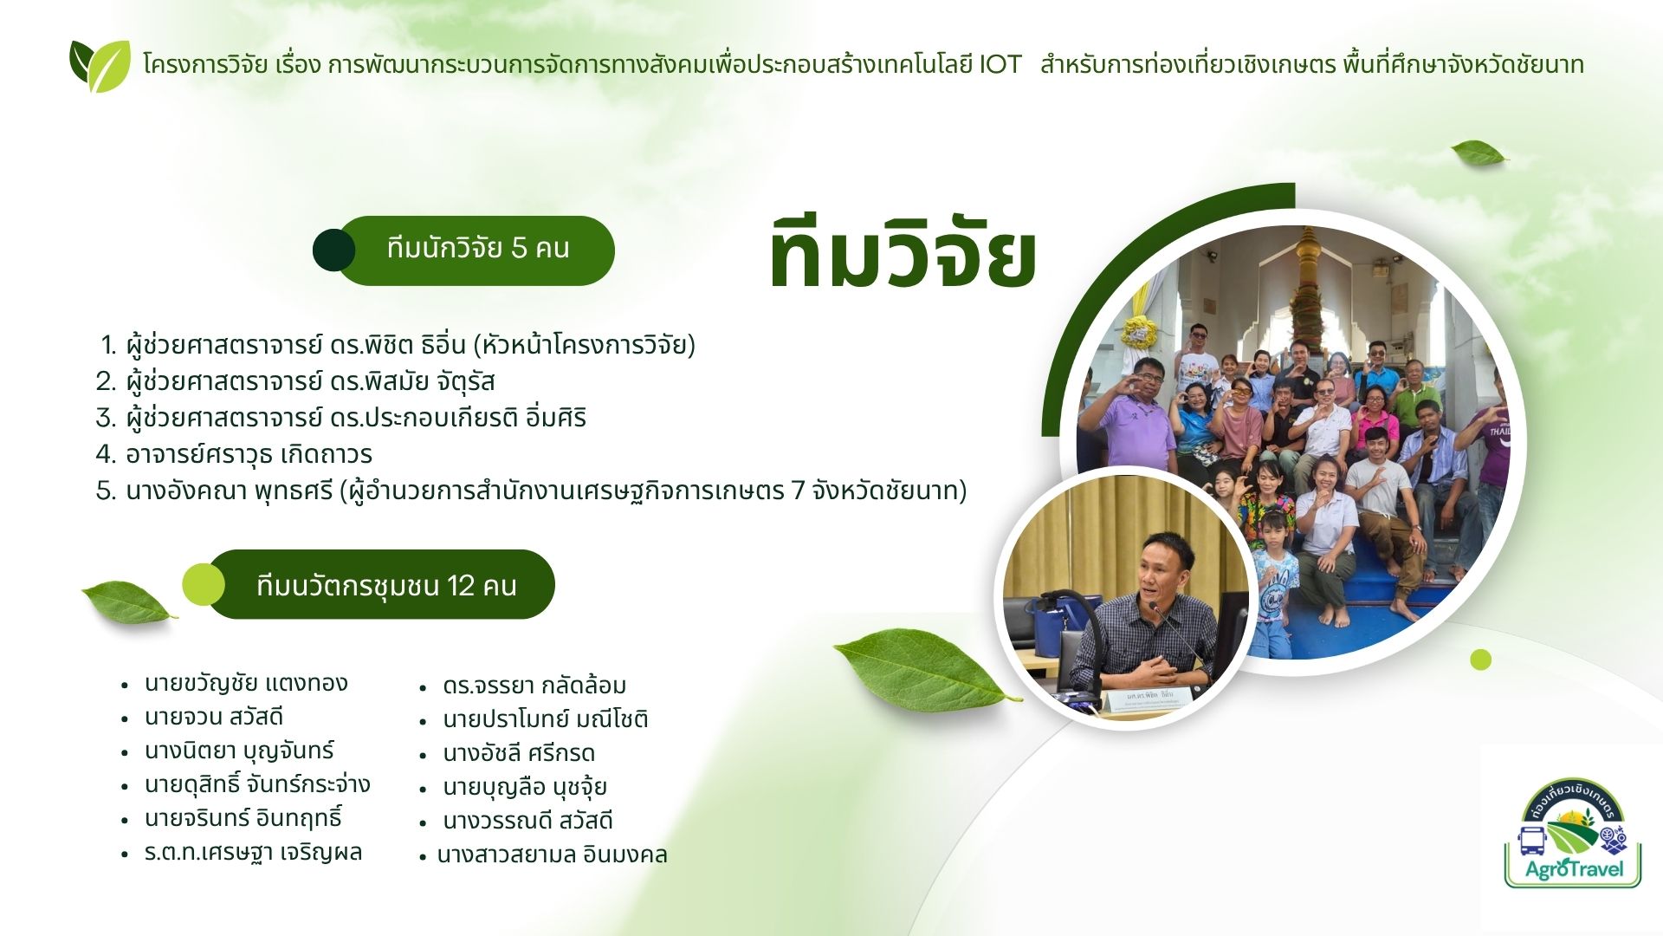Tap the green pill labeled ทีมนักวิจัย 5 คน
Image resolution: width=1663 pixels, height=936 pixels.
click(476, 250)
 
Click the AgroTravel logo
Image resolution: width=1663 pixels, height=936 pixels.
click(1573, 833)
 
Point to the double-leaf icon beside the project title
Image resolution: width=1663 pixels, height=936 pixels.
click(100, 66)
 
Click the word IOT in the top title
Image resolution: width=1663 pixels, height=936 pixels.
click(1000, 65)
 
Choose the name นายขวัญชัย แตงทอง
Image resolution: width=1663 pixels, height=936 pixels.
click(246, 683)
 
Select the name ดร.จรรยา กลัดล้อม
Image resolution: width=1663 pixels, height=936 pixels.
click(534, 686)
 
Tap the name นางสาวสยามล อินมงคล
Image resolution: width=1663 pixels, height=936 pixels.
click(552, 855)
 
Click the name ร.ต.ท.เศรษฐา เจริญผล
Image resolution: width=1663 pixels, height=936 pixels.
click(253, 852)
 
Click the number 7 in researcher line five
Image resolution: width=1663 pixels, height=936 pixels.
click(799, 491)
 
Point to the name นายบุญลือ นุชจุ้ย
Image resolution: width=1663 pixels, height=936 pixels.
click(524, 787)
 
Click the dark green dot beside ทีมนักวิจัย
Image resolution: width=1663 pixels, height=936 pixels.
click(333, 250)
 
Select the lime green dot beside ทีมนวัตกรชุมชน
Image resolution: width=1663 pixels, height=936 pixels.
click(203, 584)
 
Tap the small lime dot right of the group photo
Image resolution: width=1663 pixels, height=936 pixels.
click(1481, 660)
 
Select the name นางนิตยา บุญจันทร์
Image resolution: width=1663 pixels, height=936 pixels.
click(239, 751)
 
